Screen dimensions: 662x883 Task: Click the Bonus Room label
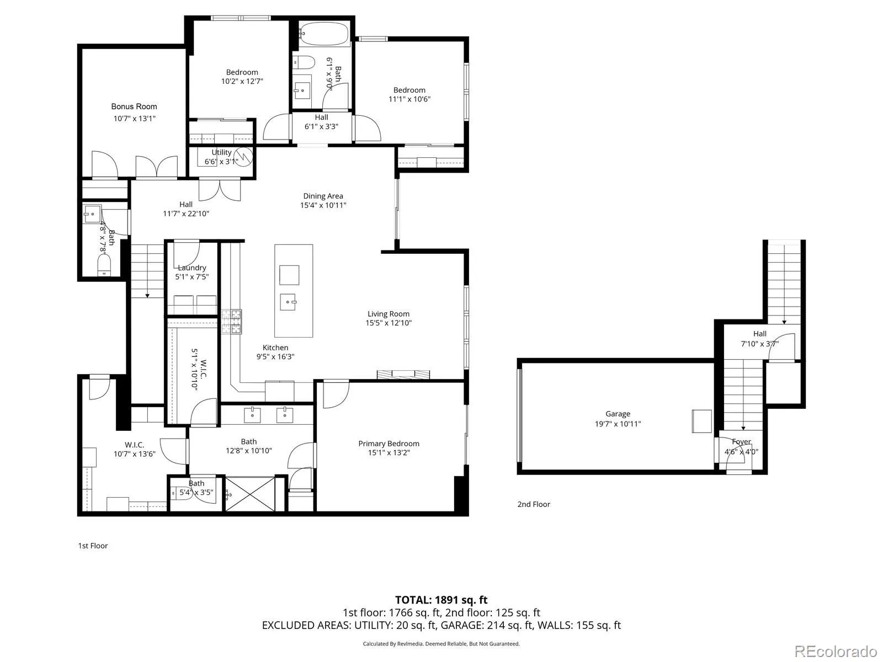click(x=134, y=106)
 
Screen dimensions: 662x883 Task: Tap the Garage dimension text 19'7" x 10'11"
click(x=618, y=424)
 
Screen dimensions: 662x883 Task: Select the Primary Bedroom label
click(x=389, y=444)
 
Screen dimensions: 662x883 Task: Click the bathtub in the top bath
click(x=324, y=33)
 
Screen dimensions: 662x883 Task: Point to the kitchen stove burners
click(x=232, y=322)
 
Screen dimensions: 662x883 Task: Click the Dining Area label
click(x=323, y=196)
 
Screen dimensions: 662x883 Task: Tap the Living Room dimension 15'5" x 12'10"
click(x=389, y=323)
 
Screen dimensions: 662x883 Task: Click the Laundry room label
click(x=192, y=268)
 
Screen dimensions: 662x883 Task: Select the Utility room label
click(x=221, y=152)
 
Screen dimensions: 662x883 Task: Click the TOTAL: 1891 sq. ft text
click(x=441, y=600)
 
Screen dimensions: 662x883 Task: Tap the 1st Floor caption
click(x=93, y=546)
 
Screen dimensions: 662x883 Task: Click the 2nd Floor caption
click(x=534, y=504)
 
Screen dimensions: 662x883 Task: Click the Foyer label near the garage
click(x=741, y=441)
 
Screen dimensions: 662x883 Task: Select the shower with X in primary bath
click(x=249, y=493)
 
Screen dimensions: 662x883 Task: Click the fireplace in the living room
click(x=403, y=375)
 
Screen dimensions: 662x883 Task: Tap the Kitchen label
click(x=275, y=348)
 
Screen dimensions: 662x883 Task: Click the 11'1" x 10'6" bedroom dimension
click(x=409, y=99)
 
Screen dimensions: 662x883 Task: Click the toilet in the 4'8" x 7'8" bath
click(x=104, y=267)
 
